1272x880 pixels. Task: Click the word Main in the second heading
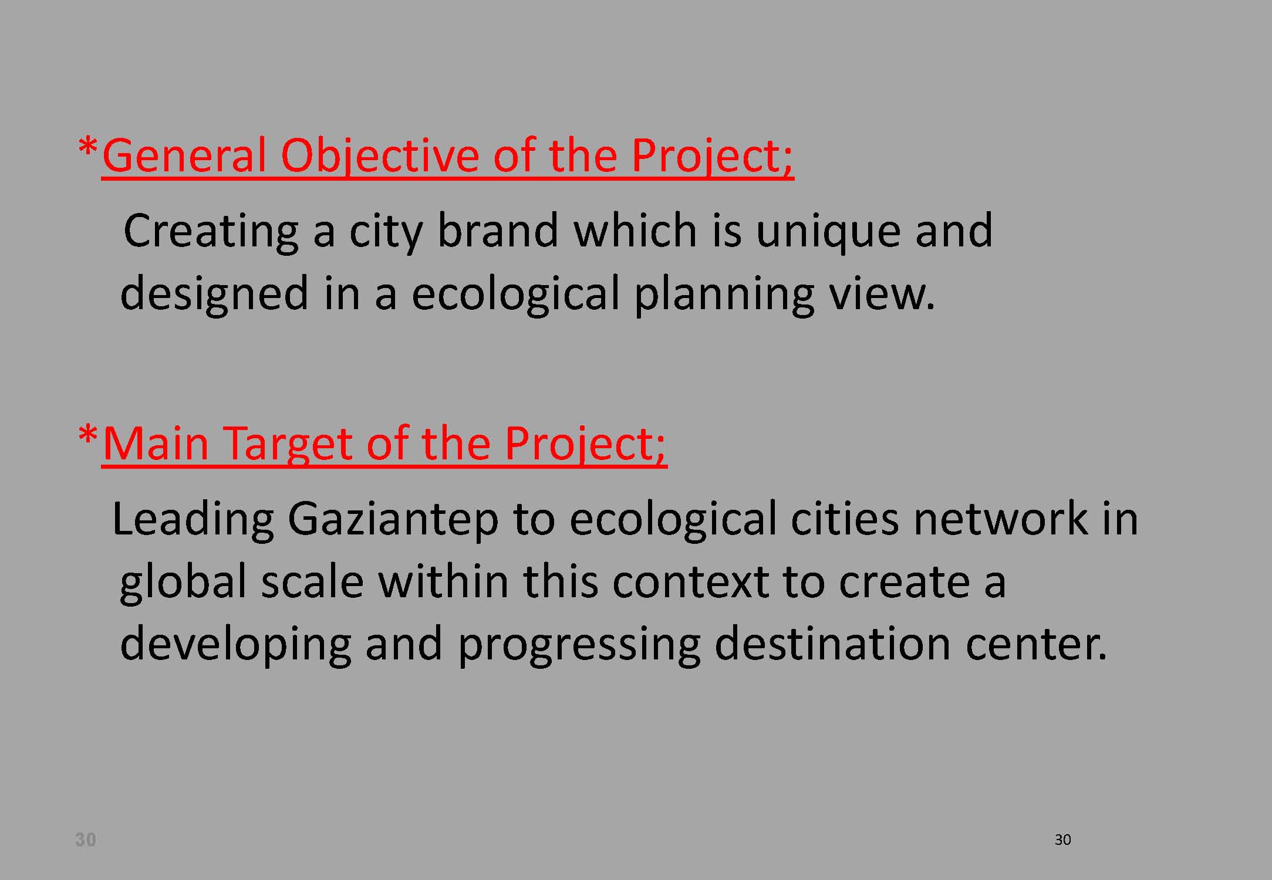click(x=156, y=444)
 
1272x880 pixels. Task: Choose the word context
click(x=690, y=583)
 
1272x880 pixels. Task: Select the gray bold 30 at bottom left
click(x=86, y=840)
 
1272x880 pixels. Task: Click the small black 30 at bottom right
click(x=1062, y=840)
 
